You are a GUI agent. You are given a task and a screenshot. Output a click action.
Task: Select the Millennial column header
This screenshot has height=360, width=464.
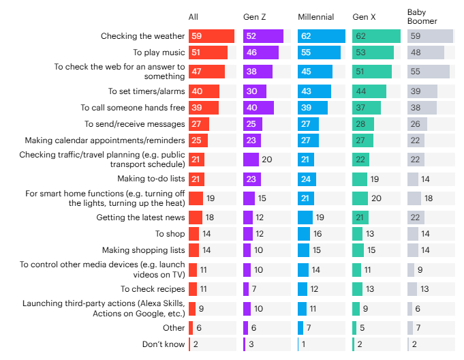point(317,16)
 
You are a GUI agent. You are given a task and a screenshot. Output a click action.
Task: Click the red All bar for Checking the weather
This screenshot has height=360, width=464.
point(211,36)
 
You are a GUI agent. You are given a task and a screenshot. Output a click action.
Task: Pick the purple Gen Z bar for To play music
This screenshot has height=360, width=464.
point(261,52)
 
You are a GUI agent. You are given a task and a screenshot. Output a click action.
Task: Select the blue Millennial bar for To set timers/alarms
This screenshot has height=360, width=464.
point(314,91)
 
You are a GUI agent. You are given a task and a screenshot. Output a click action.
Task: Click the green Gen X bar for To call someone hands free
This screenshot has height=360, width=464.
point(367,108)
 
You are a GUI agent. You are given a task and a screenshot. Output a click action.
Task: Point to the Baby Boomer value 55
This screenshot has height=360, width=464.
point(414,71)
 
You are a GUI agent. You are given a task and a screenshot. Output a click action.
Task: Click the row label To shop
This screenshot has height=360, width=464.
point(170,234)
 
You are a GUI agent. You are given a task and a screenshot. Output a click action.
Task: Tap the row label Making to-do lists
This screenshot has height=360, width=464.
point(151,179)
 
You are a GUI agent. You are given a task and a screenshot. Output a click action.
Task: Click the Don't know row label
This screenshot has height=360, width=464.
point(164,344)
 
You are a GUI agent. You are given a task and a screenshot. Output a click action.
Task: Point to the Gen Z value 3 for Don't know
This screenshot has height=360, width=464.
point(253,344)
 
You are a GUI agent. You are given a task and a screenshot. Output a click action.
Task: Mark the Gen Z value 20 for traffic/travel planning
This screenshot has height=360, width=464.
point(267,160)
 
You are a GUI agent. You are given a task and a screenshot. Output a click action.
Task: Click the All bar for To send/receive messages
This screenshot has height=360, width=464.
point(199,123)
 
